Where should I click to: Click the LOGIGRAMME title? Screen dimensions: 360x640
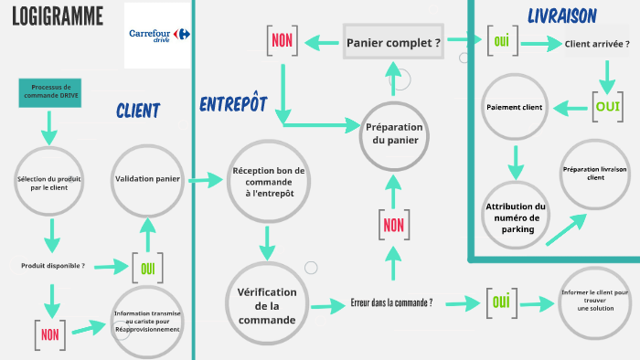pyautogui.click(x=57, y=16)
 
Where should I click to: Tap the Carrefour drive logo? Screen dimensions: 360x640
pyautogui.click(x=158, y=36)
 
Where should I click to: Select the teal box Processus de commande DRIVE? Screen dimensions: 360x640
pyautogui.click(x=49, y=92)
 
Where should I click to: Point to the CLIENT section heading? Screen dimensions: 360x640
pyautogui.click(x=138, y=111)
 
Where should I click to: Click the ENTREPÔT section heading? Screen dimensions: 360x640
pyautogui.click(x=233, y=104)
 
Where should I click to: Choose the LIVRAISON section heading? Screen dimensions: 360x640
pyautogui.click(x=562, y=16)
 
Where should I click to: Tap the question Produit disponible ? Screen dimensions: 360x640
pyautogui.click(x=53, y=266)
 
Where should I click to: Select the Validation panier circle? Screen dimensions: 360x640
pyautogui.click(x=147, y=178)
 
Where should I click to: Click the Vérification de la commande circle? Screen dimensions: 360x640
pyautogui.click(x=267, y=306)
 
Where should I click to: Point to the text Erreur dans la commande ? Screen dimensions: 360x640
pyautogui.click(x=391, y=302)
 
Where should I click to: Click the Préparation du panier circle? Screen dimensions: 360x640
pyautogui.click(x=394, y=133)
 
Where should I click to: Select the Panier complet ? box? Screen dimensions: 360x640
pyautogui.click(x=393, y=42)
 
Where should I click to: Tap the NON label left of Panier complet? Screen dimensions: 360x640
pyautogui.click(x=282, y=39)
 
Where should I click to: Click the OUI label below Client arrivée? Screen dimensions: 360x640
pyautogui.click(x=608, y=105)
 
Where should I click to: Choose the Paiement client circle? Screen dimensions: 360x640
pyautogui.click(x=514, y=108)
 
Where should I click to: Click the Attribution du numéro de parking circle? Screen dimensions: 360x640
pyautogui.click(x=516, y=217)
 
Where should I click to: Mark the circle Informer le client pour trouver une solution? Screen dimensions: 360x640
pyautogui.click(x=595, y=302)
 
